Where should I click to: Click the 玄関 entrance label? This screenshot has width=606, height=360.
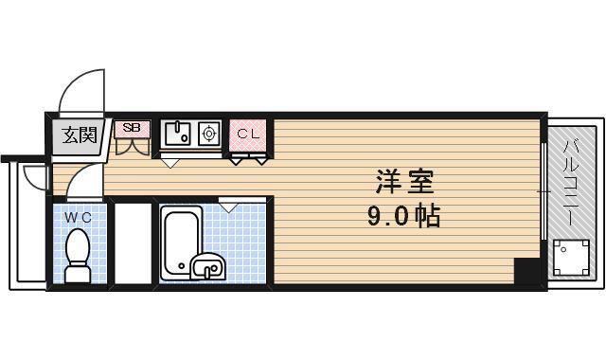click(x=80, y=135)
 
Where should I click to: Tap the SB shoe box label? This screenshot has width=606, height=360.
click(x=131, y=128)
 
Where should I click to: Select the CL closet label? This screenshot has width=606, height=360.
click(x=248, y=134)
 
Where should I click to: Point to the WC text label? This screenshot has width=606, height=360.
click(x=78, y=217)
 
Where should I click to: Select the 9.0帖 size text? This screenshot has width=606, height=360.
click(x=403, y=217)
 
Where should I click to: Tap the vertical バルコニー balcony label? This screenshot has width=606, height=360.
click(x=572, y=182)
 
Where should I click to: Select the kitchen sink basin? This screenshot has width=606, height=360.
click(x=179, y=134)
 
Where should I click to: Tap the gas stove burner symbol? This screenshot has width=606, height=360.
click(x=209, y=134)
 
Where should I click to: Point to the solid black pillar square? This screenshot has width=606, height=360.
click(x=526, y=270)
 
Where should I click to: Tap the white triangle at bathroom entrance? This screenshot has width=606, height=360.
click(x=230, y=203)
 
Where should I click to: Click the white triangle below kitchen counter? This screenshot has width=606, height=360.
click(x=171, y=161)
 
